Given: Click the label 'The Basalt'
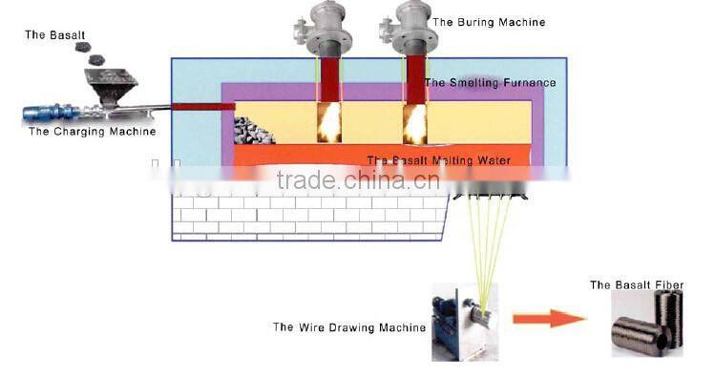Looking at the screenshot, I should tap(48, 34).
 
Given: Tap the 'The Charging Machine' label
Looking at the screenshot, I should tap(92, 132).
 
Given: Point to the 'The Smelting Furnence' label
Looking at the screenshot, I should tap(490, 83).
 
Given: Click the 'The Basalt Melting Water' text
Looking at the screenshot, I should tap(439, 159).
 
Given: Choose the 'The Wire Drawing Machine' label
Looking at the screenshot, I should tap(349, 327).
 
